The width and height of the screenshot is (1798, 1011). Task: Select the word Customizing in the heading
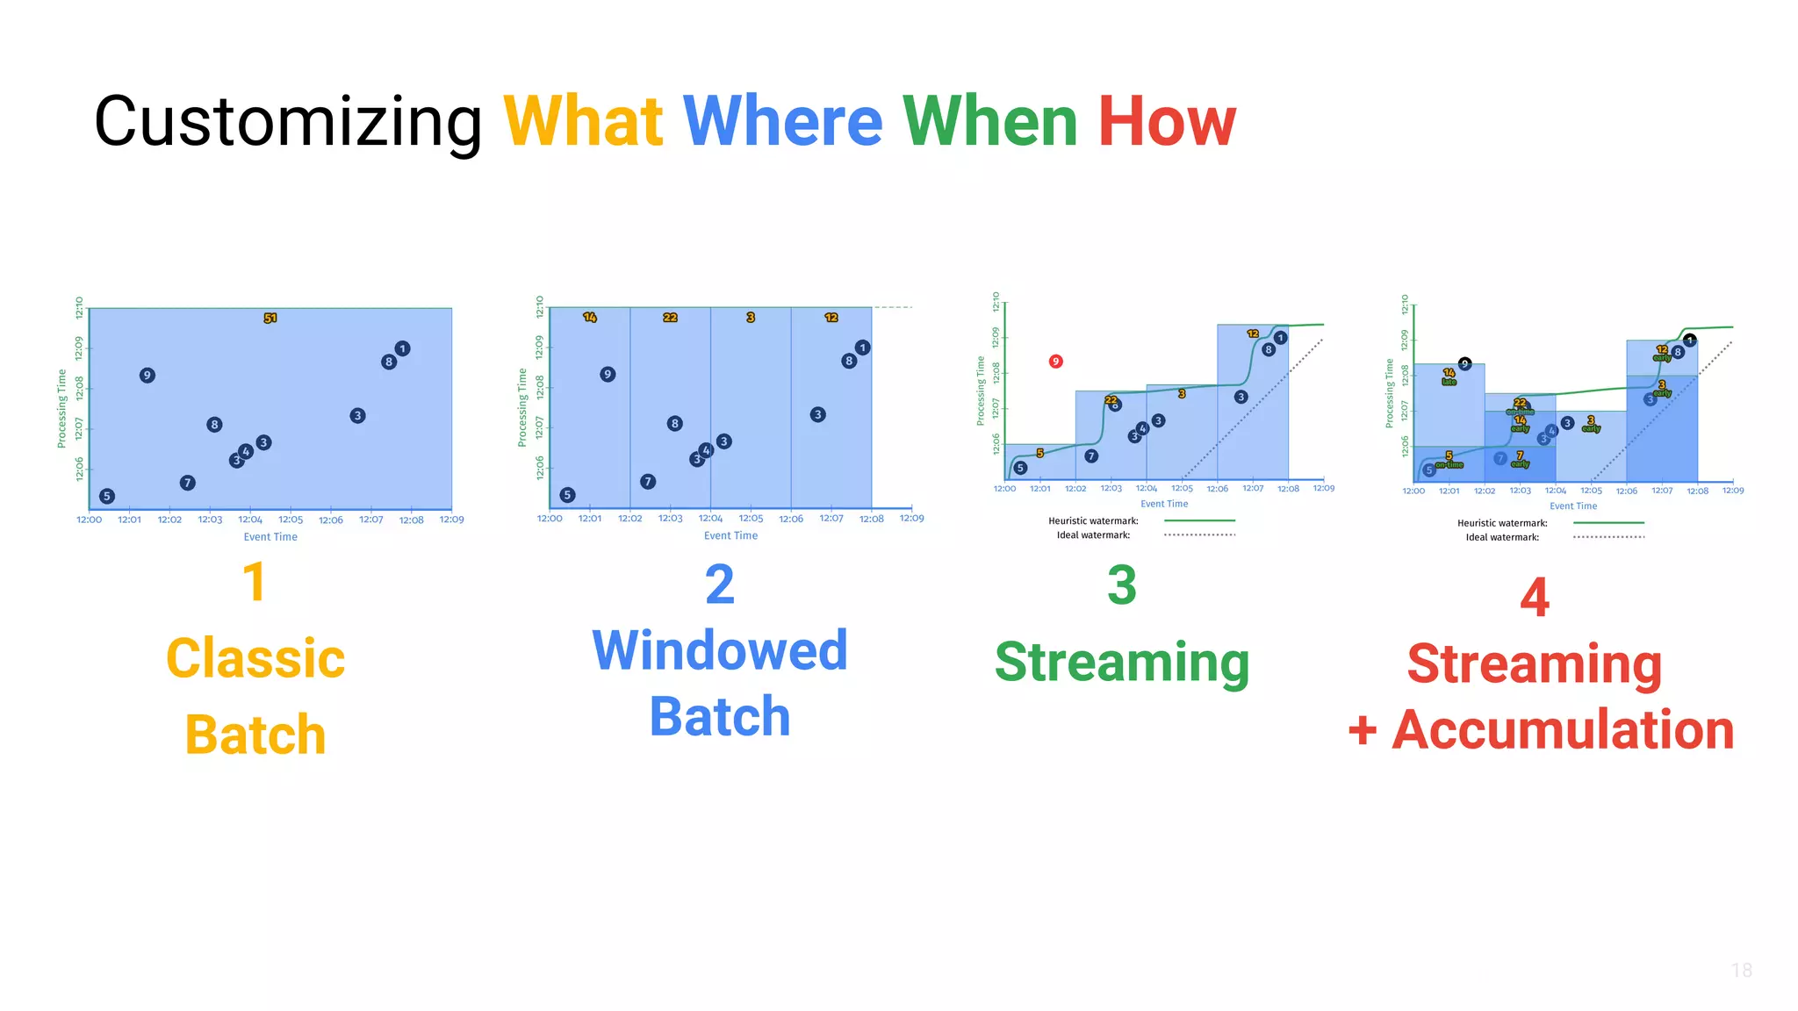[288, 123]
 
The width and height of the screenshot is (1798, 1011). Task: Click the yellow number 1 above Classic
[254, 583]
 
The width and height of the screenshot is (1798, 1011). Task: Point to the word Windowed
[719, 650]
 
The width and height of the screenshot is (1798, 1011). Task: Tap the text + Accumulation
[1541, 730]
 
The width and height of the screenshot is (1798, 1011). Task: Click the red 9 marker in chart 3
[1056, 362]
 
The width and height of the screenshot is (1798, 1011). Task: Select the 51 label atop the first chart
[270, 318]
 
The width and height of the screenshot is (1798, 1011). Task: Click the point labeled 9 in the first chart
[147, 376]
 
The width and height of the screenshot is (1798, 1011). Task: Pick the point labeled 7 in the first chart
[187, 483]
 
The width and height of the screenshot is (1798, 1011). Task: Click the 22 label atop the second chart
[670, 317]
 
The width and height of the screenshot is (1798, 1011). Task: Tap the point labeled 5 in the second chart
[568, 495]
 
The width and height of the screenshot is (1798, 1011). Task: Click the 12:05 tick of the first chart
[291, 520]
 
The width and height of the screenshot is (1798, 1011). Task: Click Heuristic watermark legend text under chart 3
[1093, 521]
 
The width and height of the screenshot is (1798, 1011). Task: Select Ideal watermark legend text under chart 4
[1502, 537]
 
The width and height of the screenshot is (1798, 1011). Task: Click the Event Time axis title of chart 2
[730, 535]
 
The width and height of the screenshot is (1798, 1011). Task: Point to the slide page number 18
[1742, 970]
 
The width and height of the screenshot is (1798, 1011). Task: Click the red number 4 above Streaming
[1534, 598]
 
